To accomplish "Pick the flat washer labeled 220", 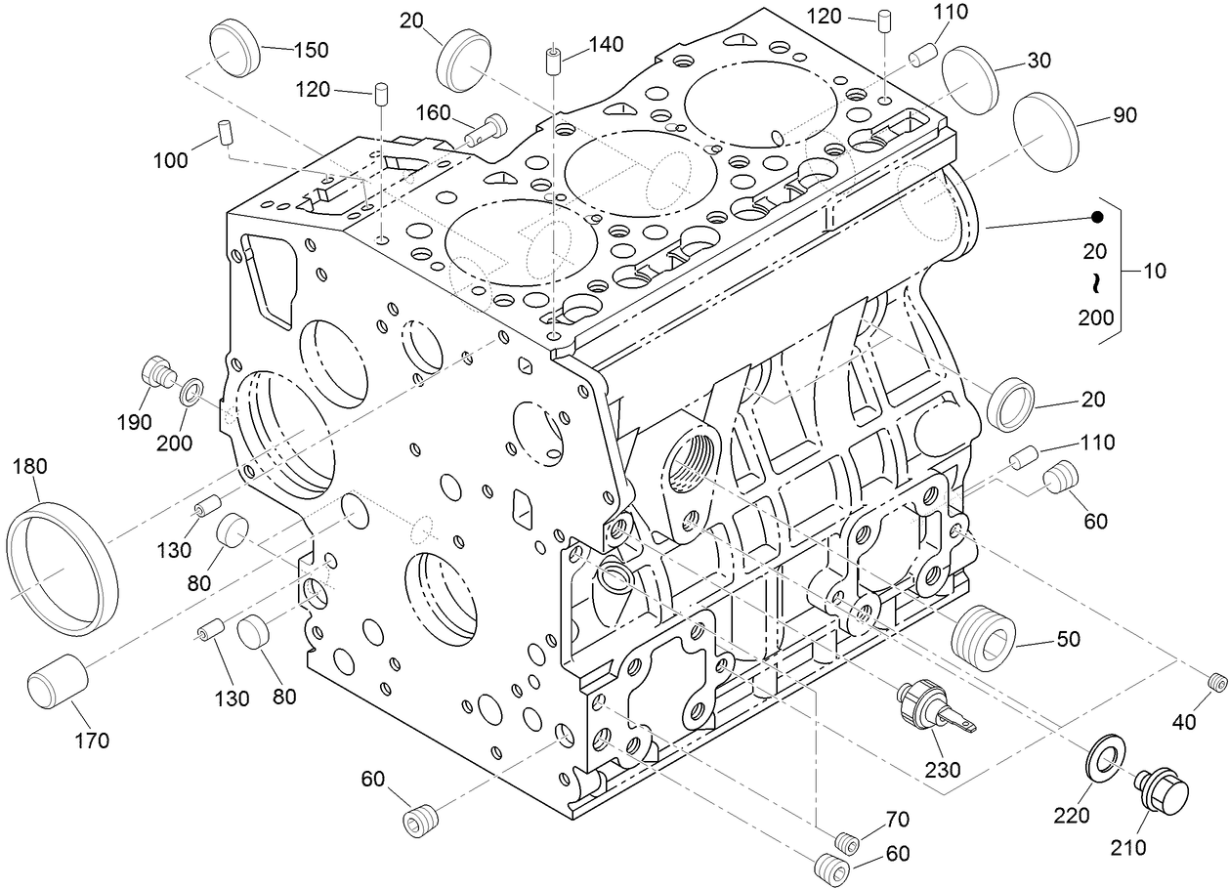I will tap(1106, 756).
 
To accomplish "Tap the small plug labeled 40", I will tap(1216, 682).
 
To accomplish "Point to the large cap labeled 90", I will tap(1044, 134).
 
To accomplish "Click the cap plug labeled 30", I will tap(970, 78).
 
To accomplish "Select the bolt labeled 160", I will tap(487, 130).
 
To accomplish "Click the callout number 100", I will tap(172, 160).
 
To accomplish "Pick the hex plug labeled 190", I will tap(156, 373).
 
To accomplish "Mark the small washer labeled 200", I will tap(191, 394).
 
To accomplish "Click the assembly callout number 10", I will tap(1155, 271).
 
